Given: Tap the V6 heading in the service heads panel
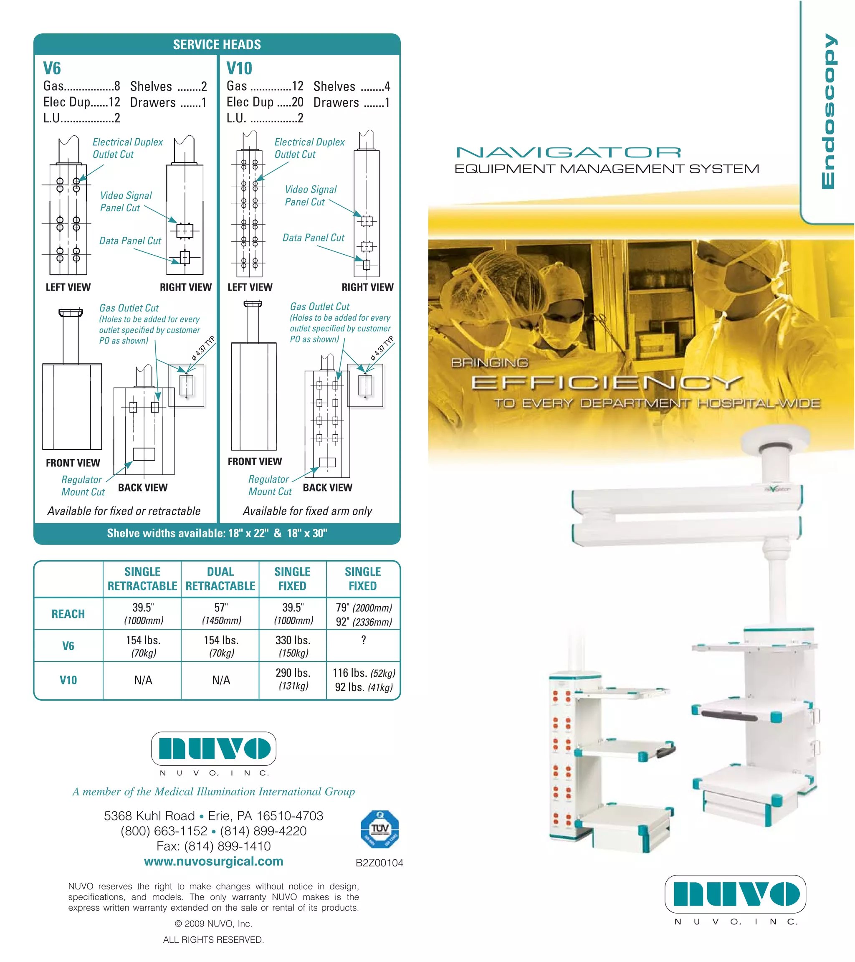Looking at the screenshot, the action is point(52,69).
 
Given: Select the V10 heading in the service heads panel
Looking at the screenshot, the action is point(239,69).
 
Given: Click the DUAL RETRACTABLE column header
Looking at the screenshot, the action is point(220,578).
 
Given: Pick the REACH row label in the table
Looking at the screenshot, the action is point(68,614).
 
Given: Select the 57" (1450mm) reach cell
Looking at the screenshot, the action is point(221,614).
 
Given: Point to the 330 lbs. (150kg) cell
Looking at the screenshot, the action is point(293,646).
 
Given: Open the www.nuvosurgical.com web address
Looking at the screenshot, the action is point(214,861).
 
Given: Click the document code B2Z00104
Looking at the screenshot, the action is point(379,863).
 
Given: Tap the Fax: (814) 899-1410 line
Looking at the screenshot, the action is point(214,846).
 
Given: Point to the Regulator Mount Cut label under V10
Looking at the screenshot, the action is point(270,485).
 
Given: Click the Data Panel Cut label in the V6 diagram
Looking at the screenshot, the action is point(130,241).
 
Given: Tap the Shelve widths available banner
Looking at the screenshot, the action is point(217,533).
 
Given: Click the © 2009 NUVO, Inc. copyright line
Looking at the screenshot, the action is point(214,924).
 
